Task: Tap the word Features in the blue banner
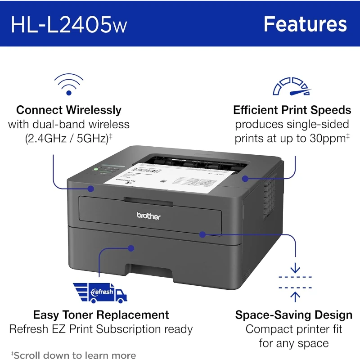pyautogui.click(x=305, y=24)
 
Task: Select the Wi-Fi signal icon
pyautogui.click(x=68, y=85)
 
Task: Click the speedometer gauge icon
pyautogui.click(x=292, y=87)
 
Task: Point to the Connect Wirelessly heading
pyautogui.click(x=69, y=110)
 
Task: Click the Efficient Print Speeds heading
pyautogui.click(x=292, y=110)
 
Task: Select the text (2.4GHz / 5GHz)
pyautogui.click(x=67, y=139)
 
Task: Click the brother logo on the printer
pyautogui.click(x=148, y=216)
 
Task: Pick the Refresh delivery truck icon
pyautogui.click(x=100, y=292)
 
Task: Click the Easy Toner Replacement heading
pyautogui.click(x=101, y=315)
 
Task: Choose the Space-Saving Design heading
pyautogui.click(x=294, y=315)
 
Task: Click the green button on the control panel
pyautogui.click(x=96, y=170)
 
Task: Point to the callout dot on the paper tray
pyautogui.click(x=131, y=248)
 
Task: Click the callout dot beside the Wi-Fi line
pyautogui.click(x=91, y=189)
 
